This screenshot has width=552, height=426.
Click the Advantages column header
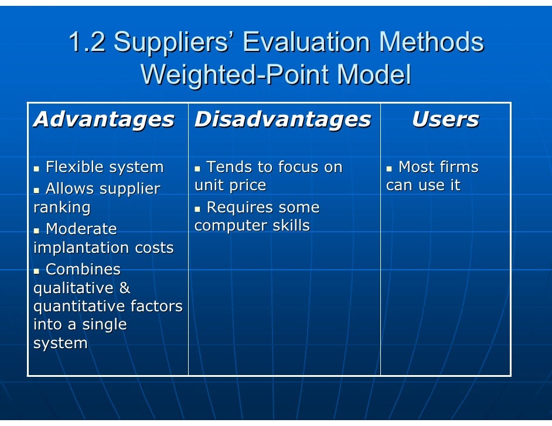coord(104,120)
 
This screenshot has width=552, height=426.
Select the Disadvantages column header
coord(282,120)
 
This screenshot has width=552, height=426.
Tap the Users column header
coord(445,120)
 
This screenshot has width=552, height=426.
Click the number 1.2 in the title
coord(87,43)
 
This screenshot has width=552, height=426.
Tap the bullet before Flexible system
coord(37,169)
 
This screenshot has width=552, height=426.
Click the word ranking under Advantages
coord(62,208)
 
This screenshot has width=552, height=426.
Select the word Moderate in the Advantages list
coord(81,229)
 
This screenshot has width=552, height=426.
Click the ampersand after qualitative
coord(124,288)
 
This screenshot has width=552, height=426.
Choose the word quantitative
coord(79,307)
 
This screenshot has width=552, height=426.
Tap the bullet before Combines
coord(37,271)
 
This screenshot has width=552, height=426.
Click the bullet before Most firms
coord(389,169)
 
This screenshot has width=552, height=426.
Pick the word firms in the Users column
coord(457,167)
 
